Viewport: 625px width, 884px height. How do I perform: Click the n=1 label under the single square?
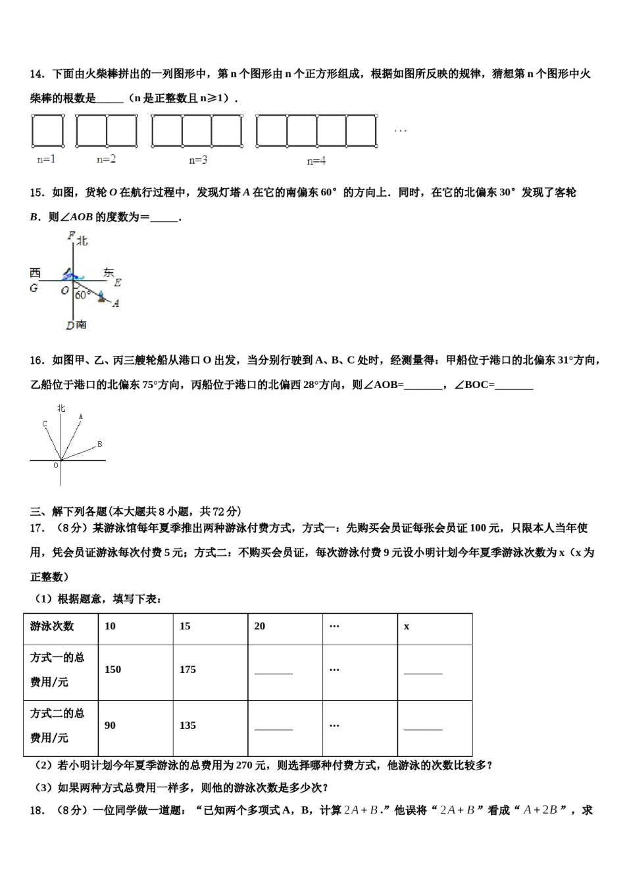pos(46,159)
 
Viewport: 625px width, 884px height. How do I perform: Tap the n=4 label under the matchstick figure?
pos(316,160)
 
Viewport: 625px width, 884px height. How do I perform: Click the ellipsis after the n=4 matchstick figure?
pos(400,130)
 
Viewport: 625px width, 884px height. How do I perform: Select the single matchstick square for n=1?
pos(48,130)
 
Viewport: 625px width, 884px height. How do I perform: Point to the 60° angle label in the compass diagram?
pos(82,295)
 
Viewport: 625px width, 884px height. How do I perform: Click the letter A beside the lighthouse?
pos(116,303)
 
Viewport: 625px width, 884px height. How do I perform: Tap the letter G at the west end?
pos(34,288)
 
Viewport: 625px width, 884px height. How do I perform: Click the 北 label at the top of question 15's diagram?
pos(82,241)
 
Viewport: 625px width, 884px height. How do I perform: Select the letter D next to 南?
pos(70,325)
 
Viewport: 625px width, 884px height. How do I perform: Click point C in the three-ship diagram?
pos(45,424)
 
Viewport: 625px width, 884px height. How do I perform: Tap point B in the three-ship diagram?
pos(99,444)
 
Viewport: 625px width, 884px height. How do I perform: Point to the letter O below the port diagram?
pos(56,465)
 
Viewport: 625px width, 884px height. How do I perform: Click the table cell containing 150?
pos(135,670)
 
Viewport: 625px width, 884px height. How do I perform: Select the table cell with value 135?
pos(210,725)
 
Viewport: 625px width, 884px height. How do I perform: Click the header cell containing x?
pos(434,626)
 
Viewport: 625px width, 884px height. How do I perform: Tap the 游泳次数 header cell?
pos(61,626)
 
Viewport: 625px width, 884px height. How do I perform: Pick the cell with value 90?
pos(135,725)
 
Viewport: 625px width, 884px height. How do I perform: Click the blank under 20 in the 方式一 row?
pos(273,672)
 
